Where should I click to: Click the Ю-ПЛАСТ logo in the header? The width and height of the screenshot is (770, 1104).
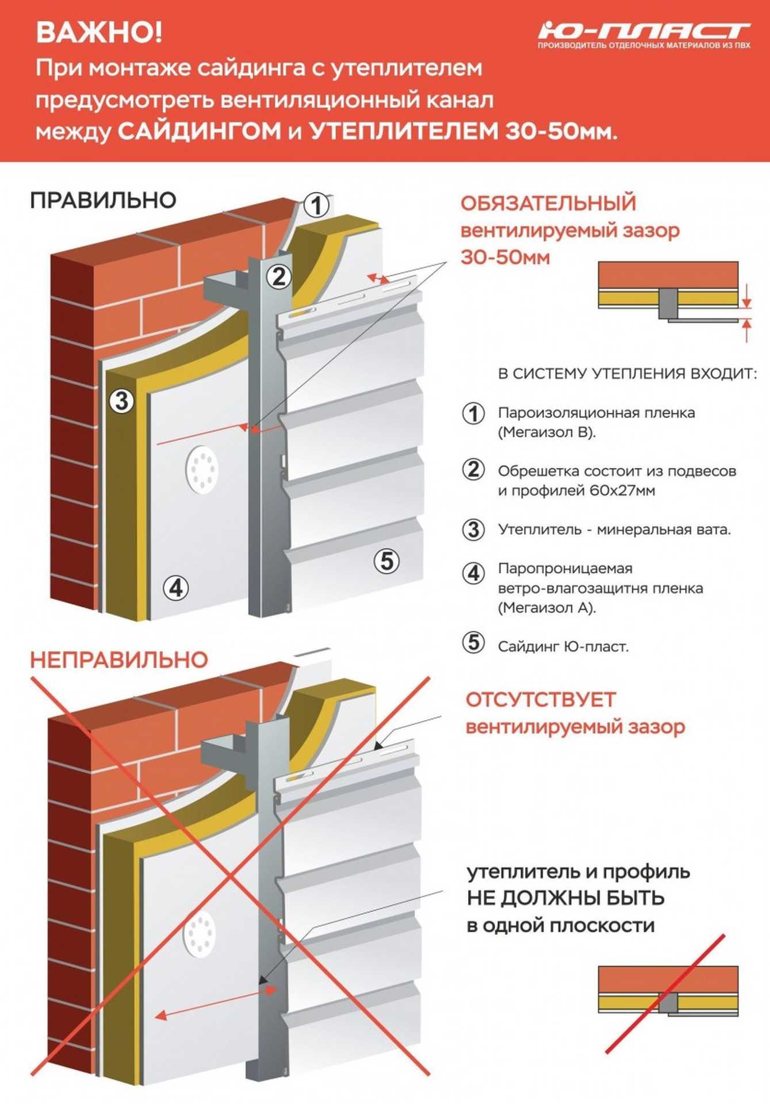pyautogui.click(x=644, y=34)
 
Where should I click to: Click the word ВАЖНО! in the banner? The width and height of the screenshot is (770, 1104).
pyautogui.click(x=99, y=32)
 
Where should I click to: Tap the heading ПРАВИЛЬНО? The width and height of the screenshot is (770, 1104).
pyautogui.click(x=103, y=200)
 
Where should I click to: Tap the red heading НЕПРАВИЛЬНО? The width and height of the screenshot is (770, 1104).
pyautogui.click(x=118, y=660)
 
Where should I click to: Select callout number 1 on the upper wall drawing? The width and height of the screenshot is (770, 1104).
pyautogui.click(x=316, y=205)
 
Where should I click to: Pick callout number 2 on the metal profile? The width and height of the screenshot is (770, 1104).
pyautogui.click(x=279, y=277)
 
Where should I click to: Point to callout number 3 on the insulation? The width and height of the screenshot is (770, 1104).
pyautogui.click(x=121, y=400)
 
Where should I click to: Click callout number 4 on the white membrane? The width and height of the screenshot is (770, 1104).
pyautogui.click(x=175, y=588)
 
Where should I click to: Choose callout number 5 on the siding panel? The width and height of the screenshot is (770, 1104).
pyautogui.click(x=386, y=560)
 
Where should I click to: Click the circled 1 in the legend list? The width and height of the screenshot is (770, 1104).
pyautogui.click(x=473, y=413)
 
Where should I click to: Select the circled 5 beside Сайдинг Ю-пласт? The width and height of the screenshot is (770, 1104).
pyautogui.click(x=473, y=642)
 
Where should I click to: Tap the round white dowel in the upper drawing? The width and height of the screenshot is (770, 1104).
pyautogui.click(x=202, y=469)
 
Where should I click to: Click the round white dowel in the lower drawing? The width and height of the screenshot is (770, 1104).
pyautogui.click(x=199, y=934)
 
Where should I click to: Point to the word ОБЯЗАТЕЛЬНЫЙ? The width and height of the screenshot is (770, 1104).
pyautogui.click(x=548, y=204)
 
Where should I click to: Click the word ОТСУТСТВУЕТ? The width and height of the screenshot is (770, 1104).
pyautogui.click(x=541, y=700)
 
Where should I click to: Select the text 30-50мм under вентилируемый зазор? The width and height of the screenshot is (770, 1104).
pyautogui.click(x=505, y=257)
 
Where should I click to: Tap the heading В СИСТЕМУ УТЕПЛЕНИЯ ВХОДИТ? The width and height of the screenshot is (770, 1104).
pyautogui.click(x=627, y=374)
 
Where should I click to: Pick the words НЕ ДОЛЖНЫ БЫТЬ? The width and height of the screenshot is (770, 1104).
pyautogui.click(x=566, y=898)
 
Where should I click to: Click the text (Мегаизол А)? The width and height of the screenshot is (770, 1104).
pyautogui.click(x=547, y=607)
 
